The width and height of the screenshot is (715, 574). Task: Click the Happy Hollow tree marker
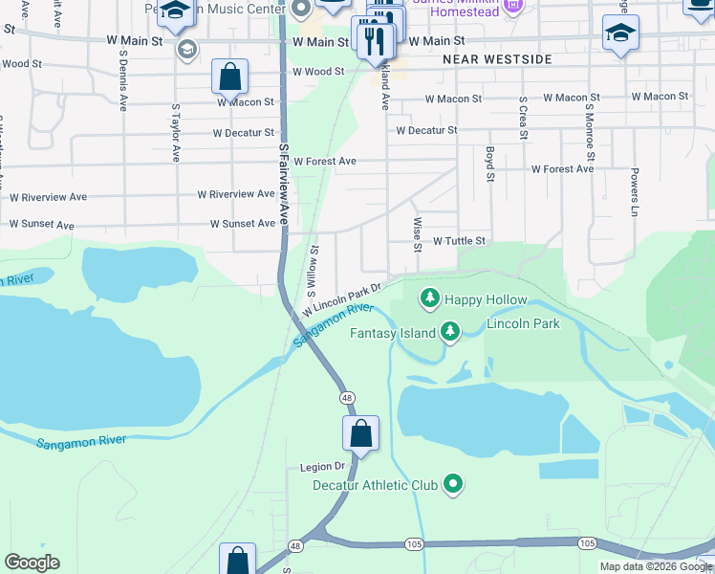pos(430,299)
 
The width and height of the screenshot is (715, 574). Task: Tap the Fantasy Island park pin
pos(449,333)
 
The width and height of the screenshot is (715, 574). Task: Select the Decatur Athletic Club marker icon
pos(454,485)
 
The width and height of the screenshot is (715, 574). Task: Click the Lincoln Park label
pos(523,323)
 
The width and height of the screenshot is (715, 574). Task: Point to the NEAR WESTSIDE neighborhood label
pos(497,59)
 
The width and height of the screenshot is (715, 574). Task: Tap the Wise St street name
pos(417,234)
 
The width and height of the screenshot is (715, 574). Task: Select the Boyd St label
pos(489,164)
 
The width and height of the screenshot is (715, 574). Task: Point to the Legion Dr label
pos(321,466)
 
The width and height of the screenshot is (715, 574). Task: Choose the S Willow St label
pos(314,270)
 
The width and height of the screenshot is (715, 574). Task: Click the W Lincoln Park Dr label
pos(342,298)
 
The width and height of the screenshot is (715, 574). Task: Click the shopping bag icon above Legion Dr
pos(361,433)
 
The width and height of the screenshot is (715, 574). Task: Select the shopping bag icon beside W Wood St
pos(229,77)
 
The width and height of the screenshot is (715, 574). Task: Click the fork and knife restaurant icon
pos(374,40)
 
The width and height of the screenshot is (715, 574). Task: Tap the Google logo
pos(32,563)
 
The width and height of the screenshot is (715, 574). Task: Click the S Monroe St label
pos(591,134)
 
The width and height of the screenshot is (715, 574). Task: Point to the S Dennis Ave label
pos(123,81)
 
